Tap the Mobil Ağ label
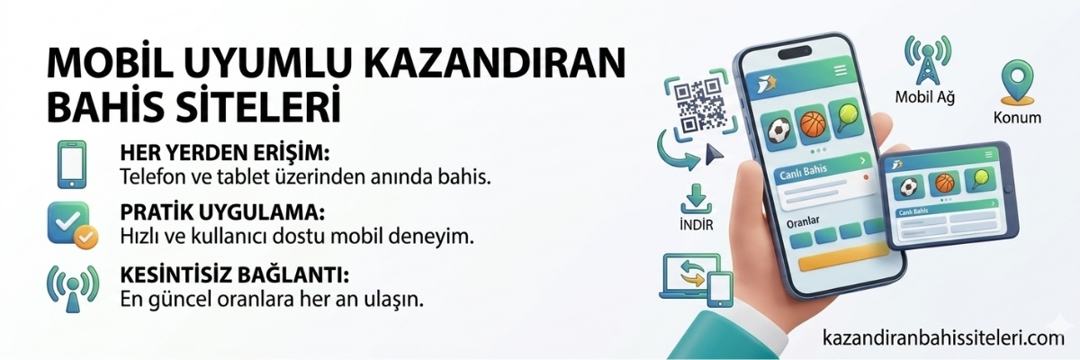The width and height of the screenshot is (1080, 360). (924, 96)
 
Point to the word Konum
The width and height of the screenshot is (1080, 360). (1016, 118)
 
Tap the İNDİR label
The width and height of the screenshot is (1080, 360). (692, 224)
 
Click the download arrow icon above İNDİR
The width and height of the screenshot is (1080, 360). (693, 196)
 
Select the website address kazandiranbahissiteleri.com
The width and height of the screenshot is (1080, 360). (944, 338)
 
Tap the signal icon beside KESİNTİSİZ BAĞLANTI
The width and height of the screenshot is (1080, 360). (72, 286)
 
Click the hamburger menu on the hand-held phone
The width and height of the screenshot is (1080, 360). (841, 69)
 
